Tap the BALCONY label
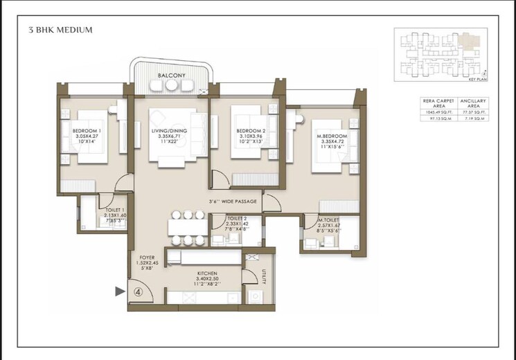(170, 75)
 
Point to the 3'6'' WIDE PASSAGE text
(233, 201)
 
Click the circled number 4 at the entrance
(139, 291)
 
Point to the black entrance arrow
(120, 291)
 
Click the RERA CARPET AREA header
(437, 104)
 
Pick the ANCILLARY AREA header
(473, 104)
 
